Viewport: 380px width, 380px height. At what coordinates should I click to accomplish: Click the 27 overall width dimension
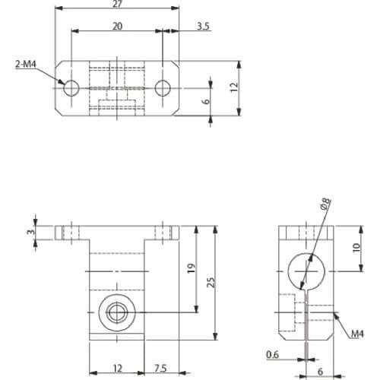tap(117, 4)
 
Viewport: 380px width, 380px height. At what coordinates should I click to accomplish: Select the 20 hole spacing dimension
tap(117, 26)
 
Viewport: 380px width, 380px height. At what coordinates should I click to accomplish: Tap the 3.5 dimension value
tap(204, 26)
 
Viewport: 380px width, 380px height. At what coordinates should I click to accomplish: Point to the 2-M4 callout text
tap(26, 64)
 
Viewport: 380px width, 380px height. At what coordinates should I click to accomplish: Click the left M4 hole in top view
tap(71, 88)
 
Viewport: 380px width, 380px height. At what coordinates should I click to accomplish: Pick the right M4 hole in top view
tap(163, 88)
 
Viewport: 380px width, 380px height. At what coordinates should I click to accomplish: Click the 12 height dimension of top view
tap(234, 87)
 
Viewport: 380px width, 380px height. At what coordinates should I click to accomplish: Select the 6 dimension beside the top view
tap(207, 101)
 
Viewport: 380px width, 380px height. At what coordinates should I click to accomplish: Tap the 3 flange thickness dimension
tap(30, 232)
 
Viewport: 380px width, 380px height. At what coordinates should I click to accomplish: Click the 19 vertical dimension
tap(192, 268)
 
